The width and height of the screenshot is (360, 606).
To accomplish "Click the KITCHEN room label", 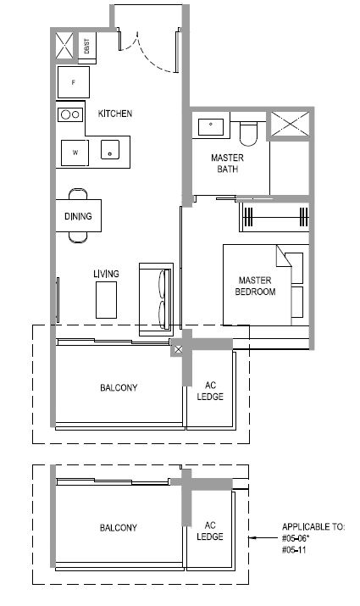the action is click(115, 114).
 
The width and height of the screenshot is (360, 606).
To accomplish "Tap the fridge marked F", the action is click(74, 82).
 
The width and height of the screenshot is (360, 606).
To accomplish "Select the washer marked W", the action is click(75, 153).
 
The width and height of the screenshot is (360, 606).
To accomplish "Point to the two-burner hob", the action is click(70, 114).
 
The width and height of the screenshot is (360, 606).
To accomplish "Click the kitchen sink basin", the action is click(110, 149).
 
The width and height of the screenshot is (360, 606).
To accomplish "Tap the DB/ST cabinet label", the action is click(86, 46).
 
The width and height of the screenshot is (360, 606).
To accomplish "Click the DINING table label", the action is click(79, 216).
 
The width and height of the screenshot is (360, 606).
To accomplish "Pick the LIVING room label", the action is click(106, 274).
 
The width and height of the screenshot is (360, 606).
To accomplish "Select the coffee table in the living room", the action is click(106, 300).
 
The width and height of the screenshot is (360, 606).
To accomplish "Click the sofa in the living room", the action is click(156, 299).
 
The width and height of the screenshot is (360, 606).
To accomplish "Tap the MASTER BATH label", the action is click(228, 164).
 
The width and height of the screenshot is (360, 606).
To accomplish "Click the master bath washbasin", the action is click(211, 127).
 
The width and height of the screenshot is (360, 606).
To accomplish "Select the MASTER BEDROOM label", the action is click(255, 286).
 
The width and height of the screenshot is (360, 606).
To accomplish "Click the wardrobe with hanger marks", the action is click(274, 217).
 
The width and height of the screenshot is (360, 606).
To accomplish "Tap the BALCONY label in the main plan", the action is click(119, 387).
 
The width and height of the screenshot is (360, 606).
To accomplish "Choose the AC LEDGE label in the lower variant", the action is click(210, 531).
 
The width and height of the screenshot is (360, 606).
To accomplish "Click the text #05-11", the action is click(294, 550).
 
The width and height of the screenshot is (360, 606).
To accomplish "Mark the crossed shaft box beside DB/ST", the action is click(64, 46).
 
